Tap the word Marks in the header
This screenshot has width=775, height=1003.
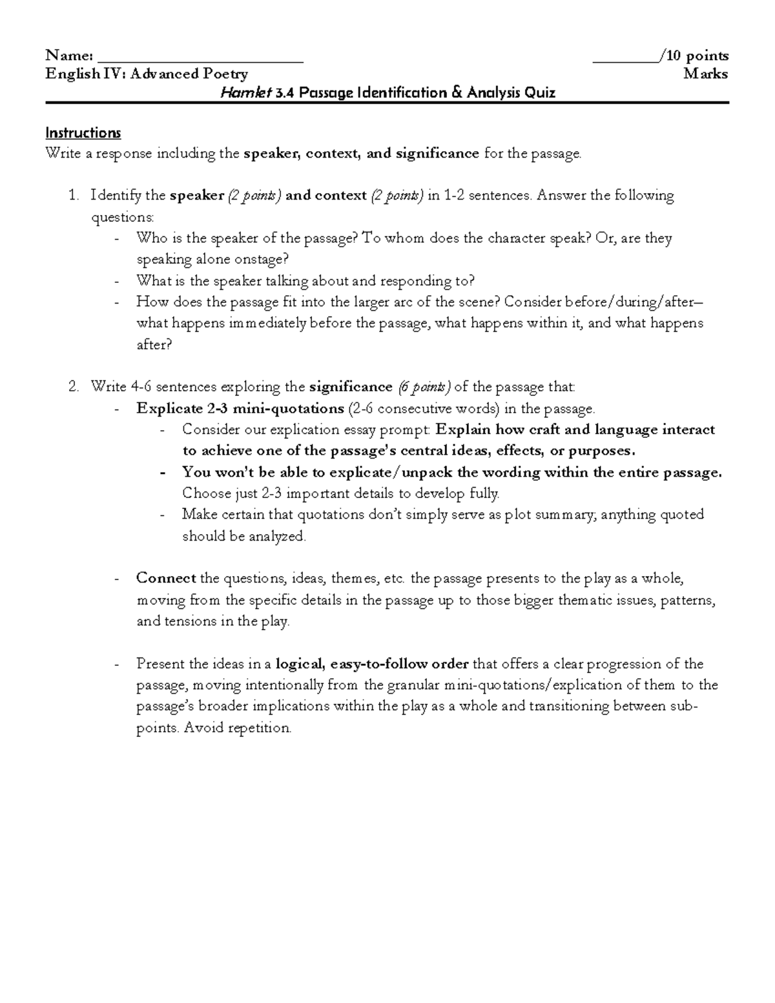(706, 74)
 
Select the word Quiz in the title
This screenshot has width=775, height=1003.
(540, 93)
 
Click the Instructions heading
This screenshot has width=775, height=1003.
(83, 133)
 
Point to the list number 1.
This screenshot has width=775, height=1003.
(73, 195)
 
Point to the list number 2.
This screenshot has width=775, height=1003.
(73, 387)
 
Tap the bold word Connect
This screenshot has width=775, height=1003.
(166, 578)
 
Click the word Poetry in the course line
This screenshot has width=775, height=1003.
(225, 74)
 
